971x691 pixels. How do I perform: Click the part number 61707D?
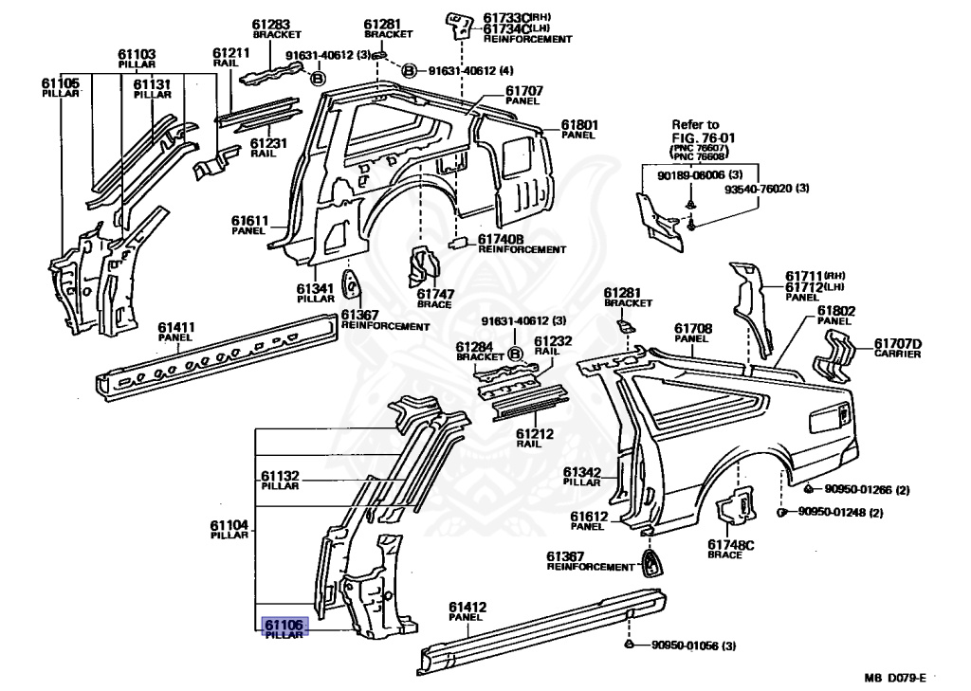897,343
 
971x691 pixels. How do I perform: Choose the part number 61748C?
730,544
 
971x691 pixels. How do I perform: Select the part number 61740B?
501,239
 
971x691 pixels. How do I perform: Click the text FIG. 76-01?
703,137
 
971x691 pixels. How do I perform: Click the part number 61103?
137,54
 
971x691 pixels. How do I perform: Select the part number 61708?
693,328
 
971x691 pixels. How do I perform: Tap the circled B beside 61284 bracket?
516,355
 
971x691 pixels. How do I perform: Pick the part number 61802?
836,310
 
